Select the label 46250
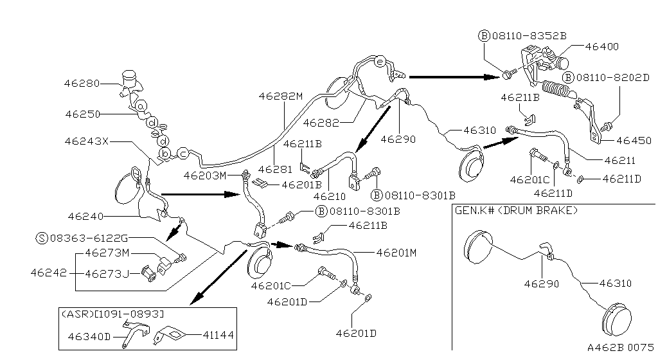82,114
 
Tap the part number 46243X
87,140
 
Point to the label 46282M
280,96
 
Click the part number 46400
601,46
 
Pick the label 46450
634,140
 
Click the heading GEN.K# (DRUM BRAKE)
515,210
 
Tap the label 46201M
396,253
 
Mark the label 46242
48,273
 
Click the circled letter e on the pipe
379,62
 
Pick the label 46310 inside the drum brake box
615,283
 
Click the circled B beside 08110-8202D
568,78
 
